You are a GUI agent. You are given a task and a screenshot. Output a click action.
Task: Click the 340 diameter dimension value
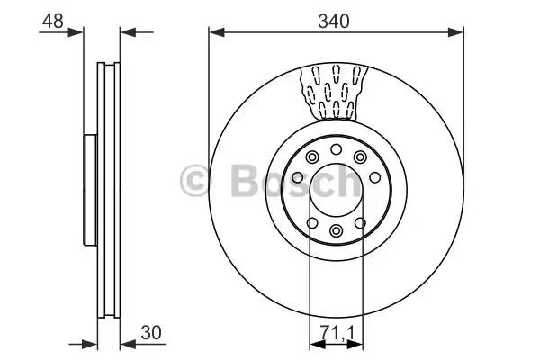point(333,22)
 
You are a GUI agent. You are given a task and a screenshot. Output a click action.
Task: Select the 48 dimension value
point(53,21)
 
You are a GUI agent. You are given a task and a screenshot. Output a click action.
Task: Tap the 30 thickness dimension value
point(151,333)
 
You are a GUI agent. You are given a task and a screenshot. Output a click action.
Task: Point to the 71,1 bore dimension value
point(337,333)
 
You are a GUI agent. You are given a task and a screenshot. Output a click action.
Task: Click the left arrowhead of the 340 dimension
point(217,32)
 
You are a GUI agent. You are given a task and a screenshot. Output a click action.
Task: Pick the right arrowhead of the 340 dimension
point(455,32)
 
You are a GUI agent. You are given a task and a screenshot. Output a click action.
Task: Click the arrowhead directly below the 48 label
point(76,32)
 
